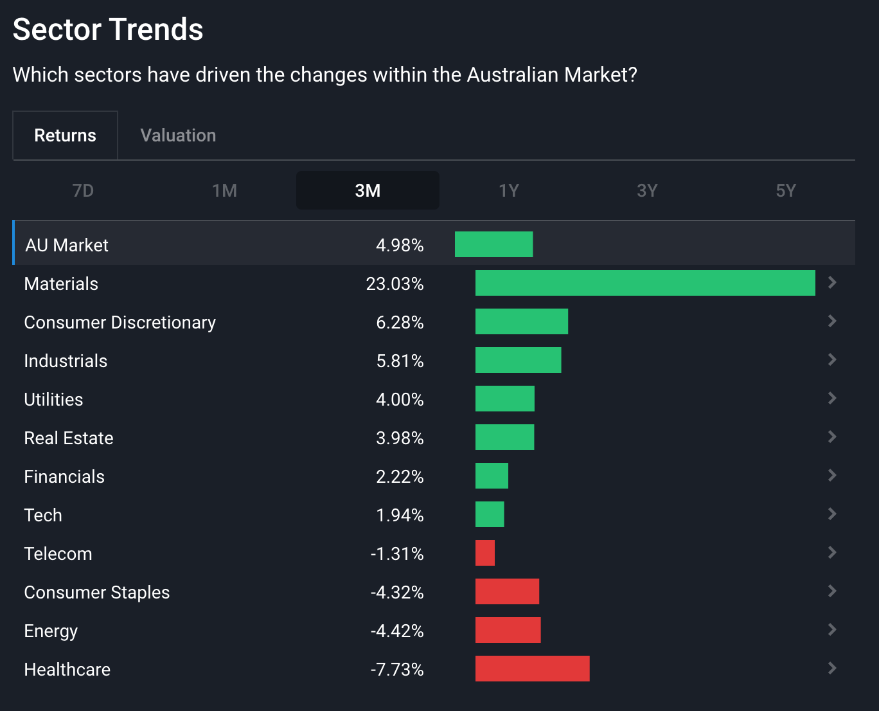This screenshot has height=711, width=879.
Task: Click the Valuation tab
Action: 178,135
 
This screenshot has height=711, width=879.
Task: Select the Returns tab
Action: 65,135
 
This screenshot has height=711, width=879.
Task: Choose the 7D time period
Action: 83,190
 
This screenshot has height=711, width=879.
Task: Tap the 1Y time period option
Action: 508,190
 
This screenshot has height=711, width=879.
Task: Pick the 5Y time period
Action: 785,190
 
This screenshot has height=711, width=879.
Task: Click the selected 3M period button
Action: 368,190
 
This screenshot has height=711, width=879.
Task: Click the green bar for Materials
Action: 645,283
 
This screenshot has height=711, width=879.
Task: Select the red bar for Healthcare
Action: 532,669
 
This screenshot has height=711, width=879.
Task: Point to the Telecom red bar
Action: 485,553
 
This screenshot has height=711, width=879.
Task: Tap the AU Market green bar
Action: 493,244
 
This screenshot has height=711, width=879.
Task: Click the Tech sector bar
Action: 490,514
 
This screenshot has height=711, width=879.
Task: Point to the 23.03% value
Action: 395,283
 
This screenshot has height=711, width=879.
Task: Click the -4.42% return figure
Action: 397,631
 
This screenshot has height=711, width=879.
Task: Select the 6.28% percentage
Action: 400,322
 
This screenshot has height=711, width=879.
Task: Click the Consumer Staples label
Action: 97,592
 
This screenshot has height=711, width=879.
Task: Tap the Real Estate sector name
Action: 69,438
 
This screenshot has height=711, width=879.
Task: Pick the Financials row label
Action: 64,476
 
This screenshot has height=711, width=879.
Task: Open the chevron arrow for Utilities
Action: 832,399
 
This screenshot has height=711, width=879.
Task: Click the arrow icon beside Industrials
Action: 832,360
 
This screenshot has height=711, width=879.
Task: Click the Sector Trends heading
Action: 108,30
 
